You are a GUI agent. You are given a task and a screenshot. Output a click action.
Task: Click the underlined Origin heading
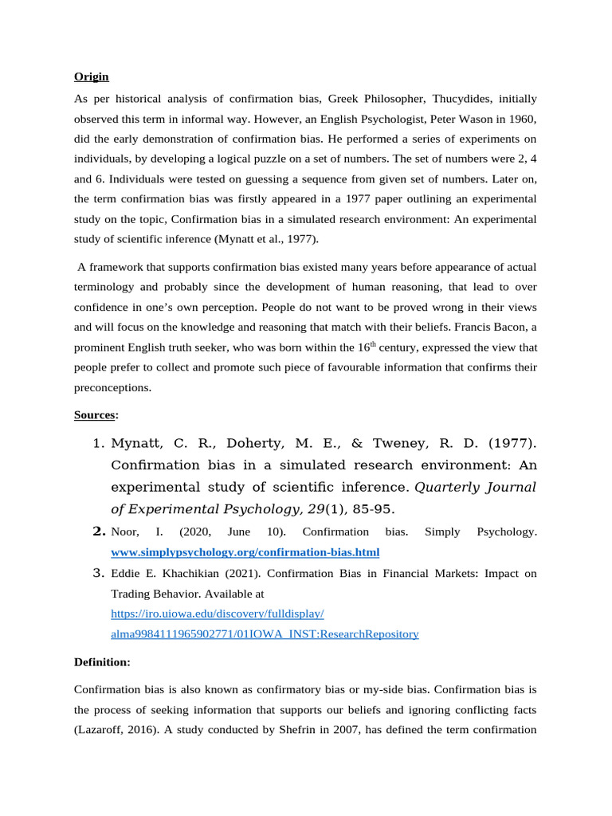pyautogui.click(x=92, y=77)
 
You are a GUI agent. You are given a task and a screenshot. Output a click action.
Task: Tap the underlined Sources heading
pyautogui.click(x=95, y=415)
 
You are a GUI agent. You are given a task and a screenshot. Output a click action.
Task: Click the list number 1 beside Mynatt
pyautogui.click(x=100, y=443)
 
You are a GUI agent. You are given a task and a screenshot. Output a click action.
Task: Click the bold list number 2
pyautogui.click(x=100, y=531)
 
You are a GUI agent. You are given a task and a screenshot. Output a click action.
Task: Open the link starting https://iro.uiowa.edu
pyautogui.click(x=218, y=614)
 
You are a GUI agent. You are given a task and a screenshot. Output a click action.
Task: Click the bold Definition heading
pyautogui.click(x=102, y=662)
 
